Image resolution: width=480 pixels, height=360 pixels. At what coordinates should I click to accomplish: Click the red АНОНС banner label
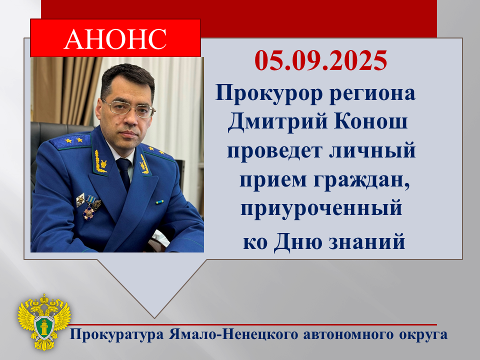point(115,38)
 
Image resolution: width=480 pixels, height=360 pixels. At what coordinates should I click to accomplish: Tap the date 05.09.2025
point(321,60)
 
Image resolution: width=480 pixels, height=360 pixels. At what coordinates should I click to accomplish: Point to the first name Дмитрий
point(277,122)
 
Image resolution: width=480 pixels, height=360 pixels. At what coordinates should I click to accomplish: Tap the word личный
point(372,150)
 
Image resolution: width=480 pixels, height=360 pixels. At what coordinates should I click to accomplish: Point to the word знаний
point(367,242)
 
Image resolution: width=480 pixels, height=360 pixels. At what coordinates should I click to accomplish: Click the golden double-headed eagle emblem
point(44,321)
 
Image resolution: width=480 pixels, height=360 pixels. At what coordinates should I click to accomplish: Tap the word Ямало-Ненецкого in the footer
point(233,334)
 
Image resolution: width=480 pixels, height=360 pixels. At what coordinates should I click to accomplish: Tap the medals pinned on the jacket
point(89,205)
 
